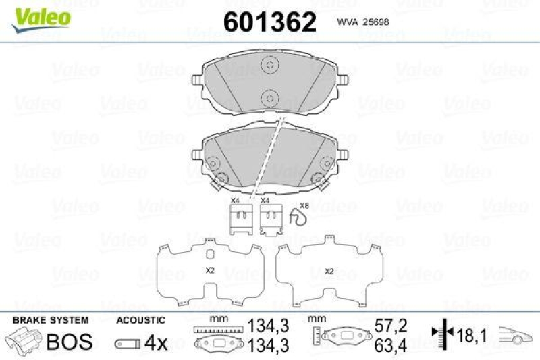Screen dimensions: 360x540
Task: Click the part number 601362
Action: [270, 22]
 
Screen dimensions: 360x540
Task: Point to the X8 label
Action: [304, 205]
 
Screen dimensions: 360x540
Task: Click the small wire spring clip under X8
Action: [298, 218]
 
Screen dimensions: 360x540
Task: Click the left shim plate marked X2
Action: [210, 272]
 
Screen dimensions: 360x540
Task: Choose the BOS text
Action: [68, 342]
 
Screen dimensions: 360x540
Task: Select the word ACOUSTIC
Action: [140, 321]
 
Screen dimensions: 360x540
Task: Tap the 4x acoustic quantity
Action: [157, 342]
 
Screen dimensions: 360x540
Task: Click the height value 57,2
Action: [392, 325]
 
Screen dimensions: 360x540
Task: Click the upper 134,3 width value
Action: [271, 325]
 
